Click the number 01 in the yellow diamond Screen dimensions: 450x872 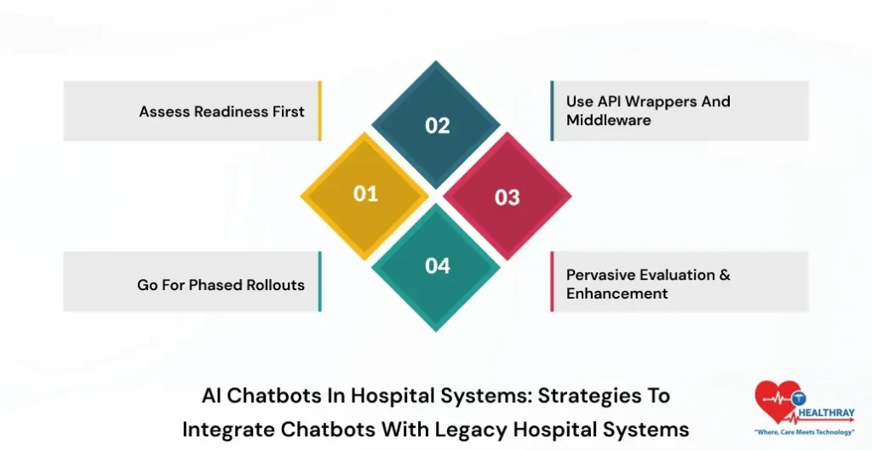[x=365, y=194]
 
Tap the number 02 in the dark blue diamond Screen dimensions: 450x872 [x=437, y=126]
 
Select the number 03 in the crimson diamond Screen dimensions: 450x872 [x=508, y=197]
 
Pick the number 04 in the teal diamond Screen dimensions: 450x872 [x=437, y=266]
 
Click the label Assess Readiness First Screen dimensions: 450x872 [x=221, y=111]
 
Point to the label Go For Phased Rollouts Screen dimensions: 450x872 [x=221, y=285]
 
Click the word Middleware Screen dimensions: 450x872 [x=608, y=120]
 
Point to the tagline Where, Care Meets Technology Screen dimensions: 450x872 [x=805, y=433]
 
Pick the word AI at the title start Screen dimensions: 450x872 [x=212, y=396]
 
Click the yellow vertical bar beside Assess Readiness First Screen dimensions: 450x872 [x=319, y=111]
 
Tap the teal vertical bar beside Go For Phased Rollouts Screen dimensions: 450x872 [x=319, y=282]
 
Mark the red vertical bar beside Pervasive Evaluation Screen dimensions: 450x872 [x=552, y=282]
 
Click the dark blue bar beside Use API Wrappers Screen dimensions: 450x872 [x=552, y=111]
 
